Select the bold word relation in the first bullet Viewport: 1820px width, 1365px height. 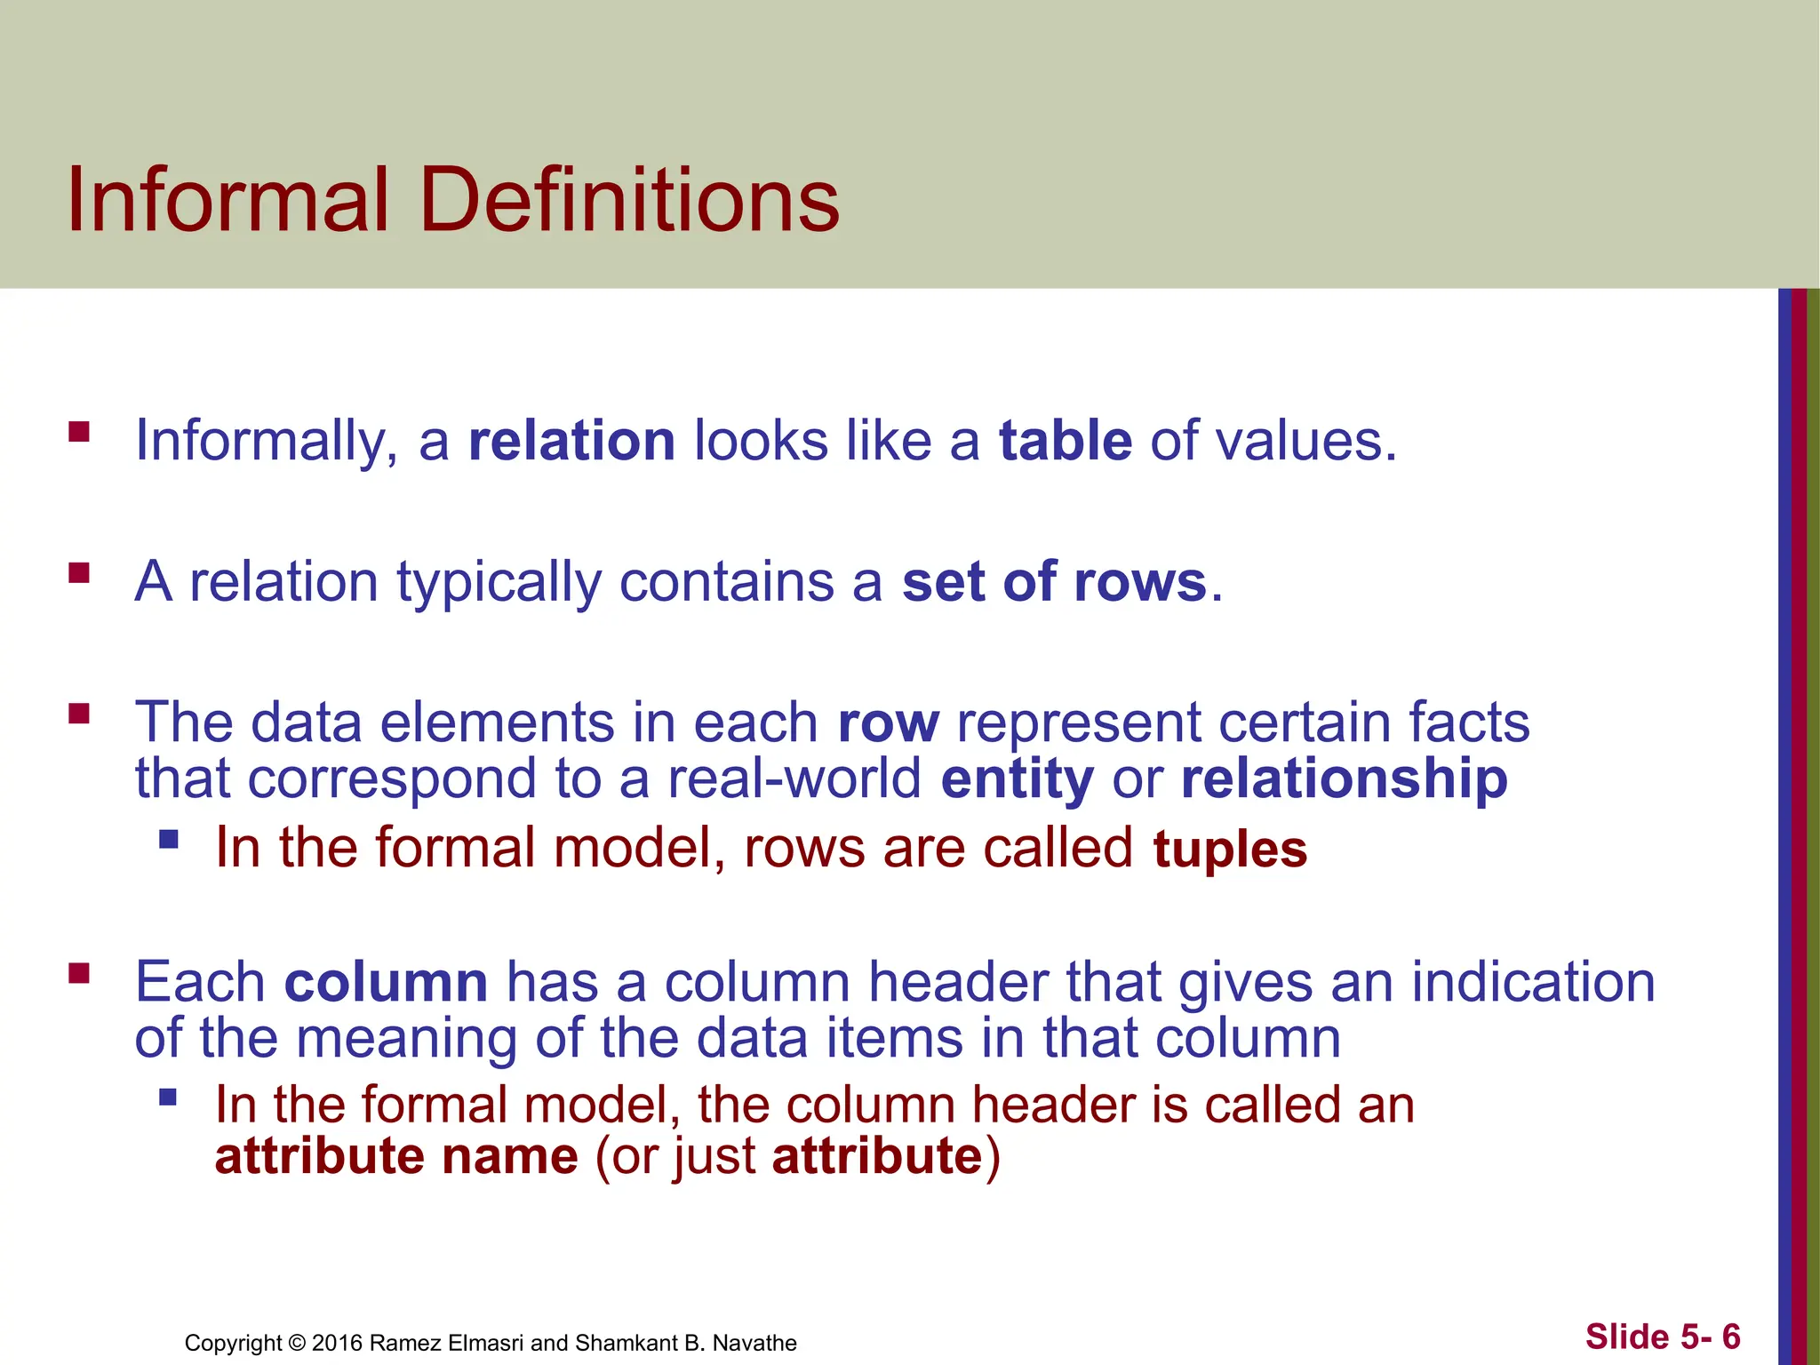571,441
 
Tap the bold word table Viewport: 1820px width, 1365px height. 1065,441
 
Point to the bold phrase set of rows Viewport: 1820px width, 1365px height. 1054,582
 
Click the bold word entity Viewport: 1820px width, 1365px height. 1017,779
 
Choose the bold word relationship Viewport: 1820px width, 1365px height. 1344,779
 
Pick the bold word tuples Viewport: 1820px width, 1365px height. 1230,849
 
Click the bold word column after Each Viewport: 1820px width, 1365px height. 386,983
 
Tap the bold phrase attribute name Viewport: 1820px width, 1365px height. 396,1157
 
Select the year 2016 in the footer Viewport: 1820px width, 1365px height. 337,1343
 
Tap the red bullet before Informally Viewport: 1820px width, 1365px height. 79,433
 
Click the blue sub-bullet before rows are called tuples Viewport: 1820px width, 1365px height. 168,839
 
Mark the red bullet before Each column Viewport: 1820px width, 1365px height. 79,973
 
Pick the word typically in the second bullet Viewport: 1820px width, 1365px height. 499,584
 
